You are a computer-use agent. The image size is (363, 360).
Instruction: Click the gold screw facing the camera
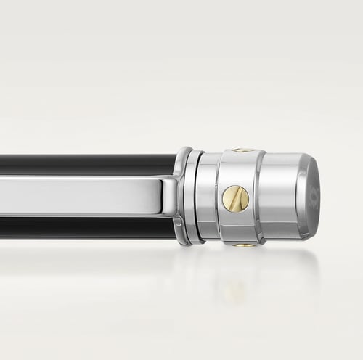pyautogui.click(x=234, y=198)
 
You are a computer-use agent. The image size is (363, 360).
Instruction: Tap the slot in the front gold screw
pyautogui.click(x=234, y=198)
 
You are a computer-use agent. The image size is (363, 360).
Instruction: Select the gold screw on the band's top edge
pyautogui.click(x=244, y=150)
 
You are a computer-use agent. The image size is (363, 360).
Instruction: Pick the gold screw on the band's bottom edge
pyautogui.click(x=245, y=245)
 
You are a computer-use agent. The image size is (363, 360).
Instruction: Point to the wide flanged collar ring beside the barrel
pyautogui.click(x=181, y=196)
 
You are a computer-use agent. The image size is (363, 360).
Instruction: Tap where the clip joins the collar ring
pyautogui.click(x=168, y=195)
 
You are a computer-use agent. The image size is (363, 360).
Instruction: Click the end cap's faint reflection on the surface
pyautogui.click(x=290, y=279)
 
